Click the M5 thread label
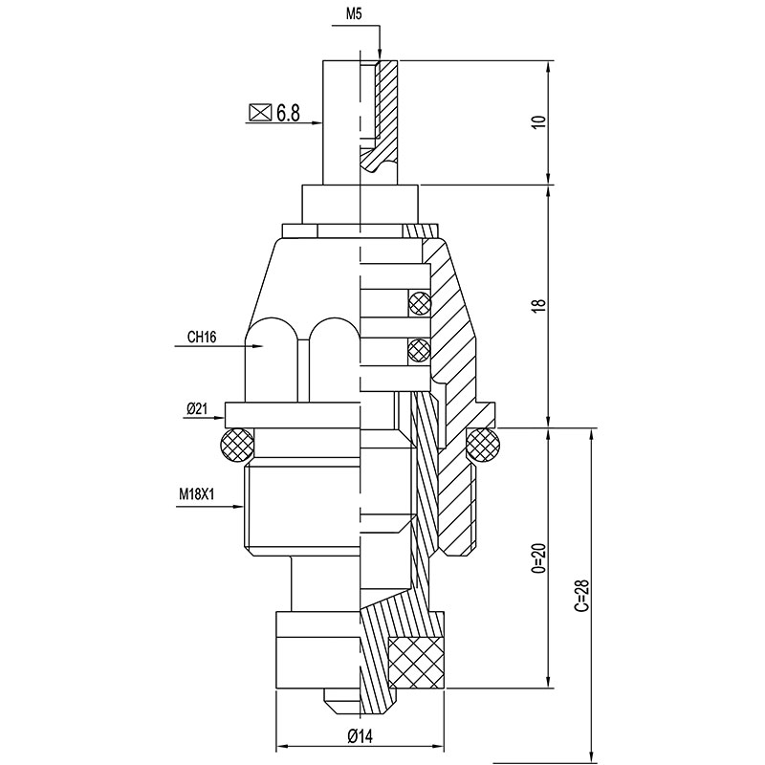click(355, 14)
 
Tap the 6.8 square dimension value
click(288, 113)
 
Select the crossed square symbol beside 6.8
click(260, 113)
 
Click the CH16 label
click(202, 337)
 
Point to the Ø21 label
click(196, 409)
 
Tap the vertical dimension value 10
click(538, 121)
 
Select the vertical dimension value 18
click(538, 305)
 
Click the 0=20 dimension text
click(538, 557)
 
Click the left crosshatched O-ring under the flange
click(237, 445)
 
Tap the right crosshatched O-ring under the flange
click(484, 445)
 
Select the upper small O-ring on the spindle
click(420, 303)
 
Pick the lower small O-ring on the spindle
click(420, 349)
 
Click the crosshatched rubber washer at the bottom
click(416, 663)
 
